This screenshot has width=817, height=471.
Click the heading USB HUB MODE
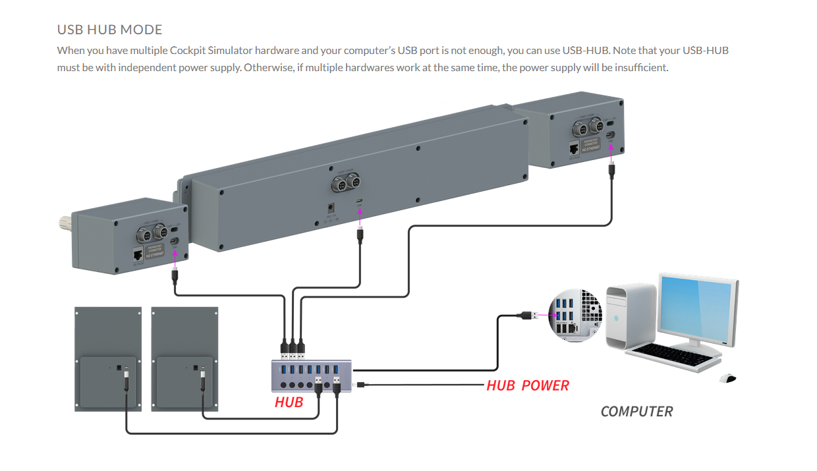(x=109, y=30)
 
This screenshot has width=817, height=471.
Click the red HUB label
(x=289, y=402)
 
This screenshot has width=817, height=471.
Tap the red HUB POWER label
(x=527, y=385)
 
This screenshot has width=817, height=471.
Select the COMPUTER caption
(x=636, y=412)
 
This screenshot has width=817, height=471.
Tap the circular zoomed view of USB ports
(x=577, y=315)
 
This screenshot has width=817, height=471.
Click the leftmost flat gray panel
(x=107, y=359)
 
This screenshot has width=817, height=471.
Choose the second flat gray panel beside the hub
(x=184, y=359)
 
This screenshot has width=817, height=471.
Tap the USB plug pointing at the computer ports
(x=527, y=315)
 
